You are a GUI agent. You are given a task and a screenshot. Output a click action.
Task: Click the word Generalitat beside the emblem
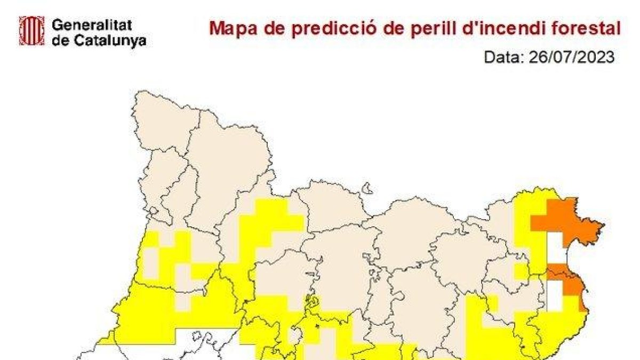point(92,24)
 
